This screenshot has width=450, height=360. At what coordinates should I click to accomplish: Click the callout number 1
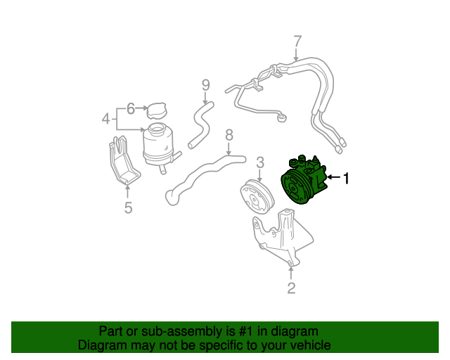[x=347, y=178]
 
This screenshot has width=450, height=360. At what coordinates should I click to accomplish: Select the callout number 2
[x=291, y=288]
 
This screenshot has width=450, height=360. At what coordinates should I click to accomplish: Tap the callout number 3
[x=259, y=162]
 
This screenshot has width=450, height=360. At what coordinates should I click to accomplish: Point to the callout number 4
[x=106, y=119]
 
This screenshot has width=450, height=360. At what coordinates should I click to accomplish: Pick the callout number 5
[x=128, y=207]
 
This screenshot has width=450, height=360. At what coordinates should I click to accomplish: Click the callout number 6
[x=131, y=109]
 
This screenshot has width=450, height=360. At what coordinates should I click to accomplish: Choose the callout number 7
[x=297, y=41]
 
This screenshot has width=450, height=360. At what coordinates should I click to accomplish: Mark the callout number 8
[x=229, y=135]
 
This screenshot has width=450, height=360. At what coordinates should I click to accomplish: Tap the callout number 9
[x=206, y=85]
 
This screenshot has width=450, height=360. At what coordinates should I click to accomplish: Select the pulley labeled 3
[x=257, y=196]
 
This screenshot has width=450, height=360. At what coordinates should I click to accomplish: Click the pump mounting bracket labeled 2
[x=283, y=237]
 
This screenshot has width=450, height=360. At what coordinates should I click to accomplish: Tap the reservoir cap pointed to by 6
[x=157, y=110]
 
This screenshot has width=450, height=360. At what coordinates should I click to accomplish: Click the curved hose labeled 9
[x=200, y=125]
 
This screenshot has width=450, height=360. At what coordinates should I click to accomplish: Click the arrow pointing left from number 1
[x=334, y=177]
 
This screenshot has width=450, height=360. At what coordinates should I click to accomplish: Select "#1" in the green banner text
[x=245, y=332]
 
